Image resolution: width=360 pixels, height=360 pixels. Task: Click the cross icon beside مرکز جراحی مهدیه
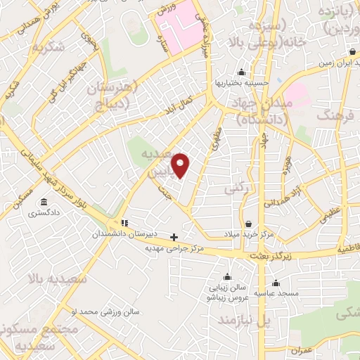pyautogui.click(x=174, y=236)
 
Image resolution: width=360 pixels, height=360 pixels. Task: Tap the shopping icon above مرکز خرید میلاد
pyautogui.click(x=248, y=223)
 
